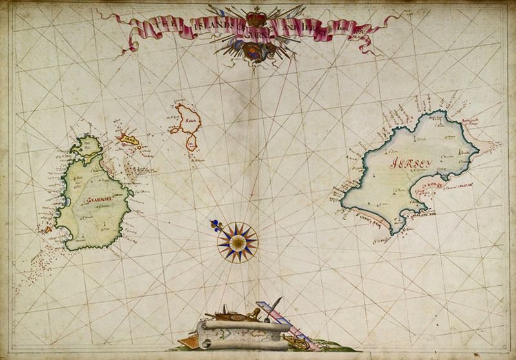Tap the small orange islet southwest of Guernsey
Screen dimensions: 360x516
pyautogui.click(x=46, y=228)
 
